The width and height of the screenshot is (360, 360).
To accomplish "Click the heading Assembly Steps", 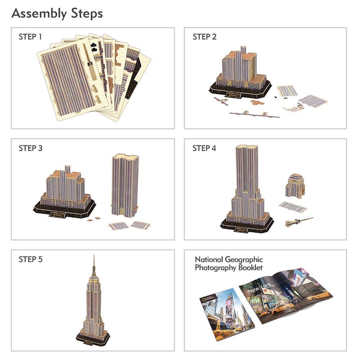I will point(57,14).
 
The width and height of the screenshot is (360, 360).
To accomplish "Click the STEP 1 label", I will point(30,37).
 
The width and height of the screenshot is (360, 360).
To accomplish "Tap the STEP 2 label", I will point(204,37).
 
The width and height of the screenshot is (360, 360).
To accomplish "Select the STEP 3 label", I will point(30,148).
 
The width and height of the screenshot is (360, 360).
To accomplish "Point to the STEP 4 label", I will point(204,148).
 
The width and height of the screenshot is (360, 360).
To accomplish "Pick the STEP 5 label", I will point(30,259).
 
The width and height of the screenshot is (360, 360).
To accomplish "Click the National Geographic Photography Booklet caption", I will point(229,264).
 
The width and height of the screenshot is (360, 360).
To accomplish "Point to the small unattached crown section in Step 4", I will point(295,186).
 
